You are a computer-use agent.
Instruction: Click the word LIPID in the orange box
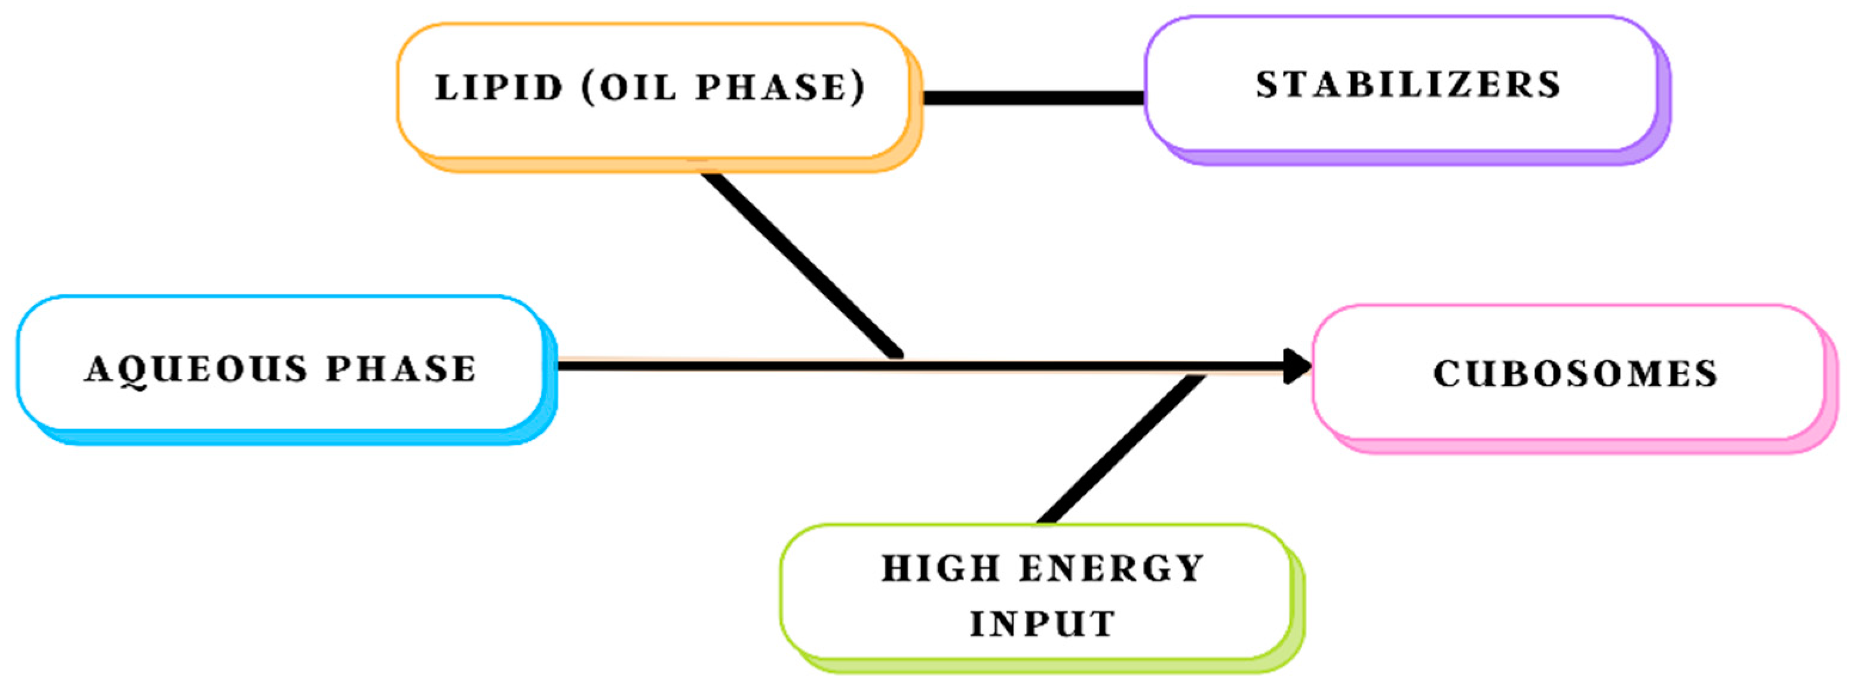point(498,88)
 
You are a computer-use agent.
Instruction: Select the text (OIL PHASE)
point(723,88)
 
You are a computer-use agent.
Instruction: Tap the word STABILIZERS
point(1408,85)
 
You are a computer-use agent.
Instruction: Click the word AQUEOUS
point(197,369)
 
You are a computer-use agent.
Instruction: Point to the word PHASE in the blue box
point(401,369)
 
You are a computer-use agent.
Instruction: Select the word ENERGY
point(1112,569)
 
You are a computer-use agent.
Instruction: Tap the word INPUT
point(1042,623)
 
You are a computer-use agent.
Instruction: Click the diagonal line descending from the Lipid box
point(799,263)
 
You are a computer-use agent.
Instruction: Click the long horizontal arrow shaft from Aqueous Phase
point(720,366)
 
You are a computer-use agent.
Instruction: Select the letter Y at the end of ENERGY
point(1190,569)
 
